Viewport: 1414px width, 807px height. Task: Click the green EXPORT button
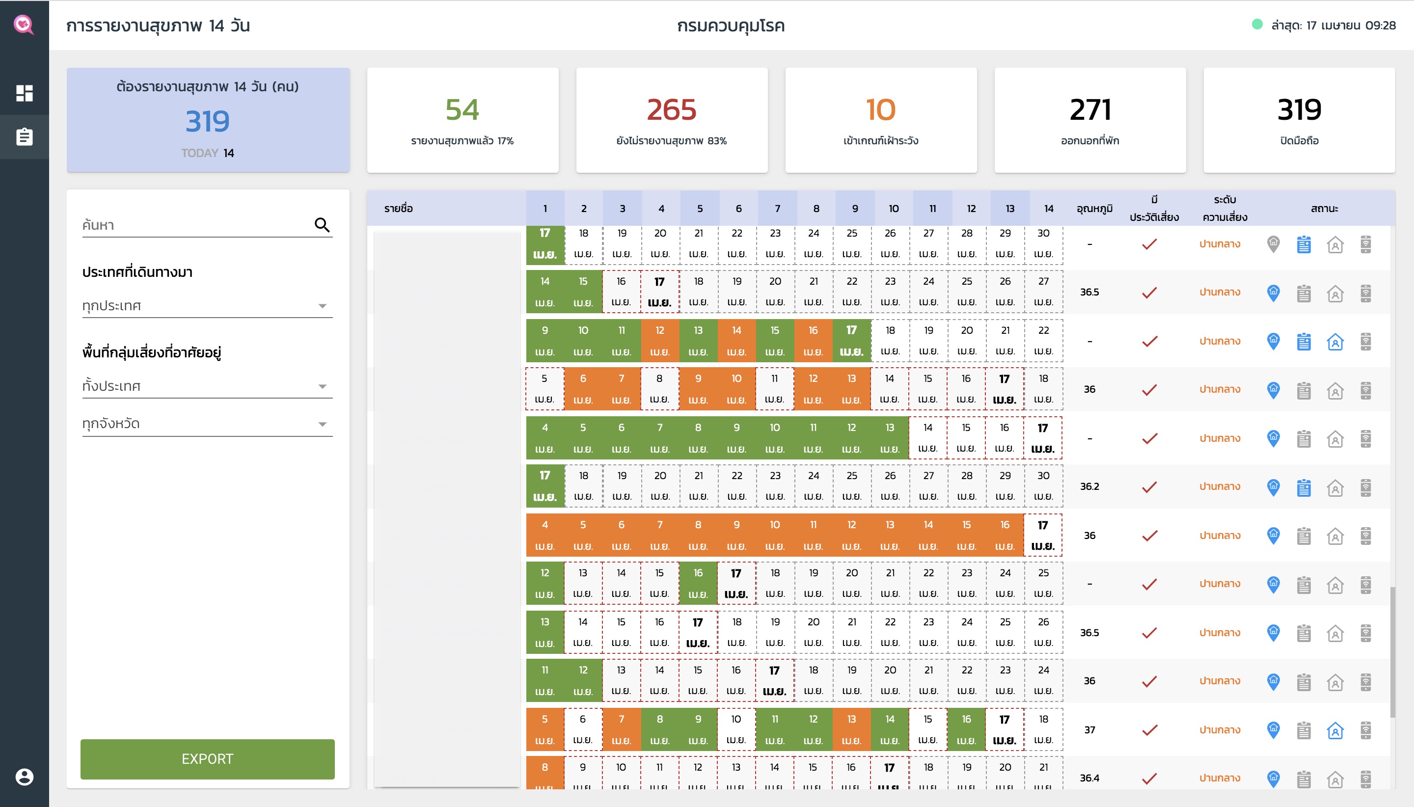[x=207, y=759]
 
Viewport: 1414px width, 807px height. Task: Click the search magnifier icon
[x=322, y=224]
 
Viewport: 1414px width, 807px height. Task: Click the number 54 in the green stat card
[x=462, y=110]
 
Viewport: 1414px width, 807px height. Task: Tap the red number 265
[x=671, y=110]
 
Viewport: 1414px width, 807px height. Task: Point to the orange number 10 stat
[x=880, y=110]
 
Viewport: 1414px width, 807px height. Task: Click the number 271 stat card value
[x=1090, y=110]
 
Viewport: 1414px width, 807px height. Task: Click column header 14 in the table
[x=1048, y=209]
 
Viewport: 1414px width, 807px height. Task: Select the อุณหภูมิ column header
[x=1094, y=209]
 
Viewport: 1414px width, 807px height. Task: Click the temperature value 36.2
[x=1089, y=486]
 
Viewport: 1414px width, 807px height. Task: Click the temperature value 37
[x=1089, y=730]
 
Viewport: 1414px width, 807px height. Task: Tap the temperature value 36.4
[x=1089, y=778]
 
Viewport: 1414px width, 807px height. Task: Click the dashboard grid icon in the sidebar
[x=25, y=93]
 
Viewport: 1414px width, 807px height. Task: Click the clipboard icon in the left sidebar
[x=25, y=137]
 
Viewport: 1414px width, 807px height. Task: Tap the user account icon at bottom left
[x=25, y=777]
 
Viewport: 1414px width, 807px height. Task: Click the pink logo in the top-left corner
[x=24, y=25]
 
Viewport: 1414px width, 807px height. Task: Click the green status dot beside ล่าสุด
[x=1257, y=25]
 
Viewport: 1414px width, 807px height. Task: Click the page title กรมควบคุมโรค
[x=731, y=26]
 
